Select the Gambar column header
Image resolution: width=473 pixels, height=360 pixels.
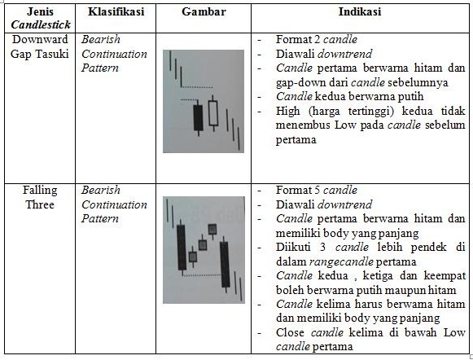[204, 14]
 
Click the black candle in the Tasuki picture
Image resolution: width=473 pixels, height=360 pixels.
[197, 117]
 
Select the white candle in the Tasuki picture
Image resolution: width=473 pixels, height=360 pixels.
[214, 113]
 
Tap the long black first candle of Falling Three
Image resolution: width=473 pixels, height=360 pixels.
[181, 247]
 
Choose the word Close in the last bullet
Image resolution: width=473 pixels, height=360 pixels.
[291, 331]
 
